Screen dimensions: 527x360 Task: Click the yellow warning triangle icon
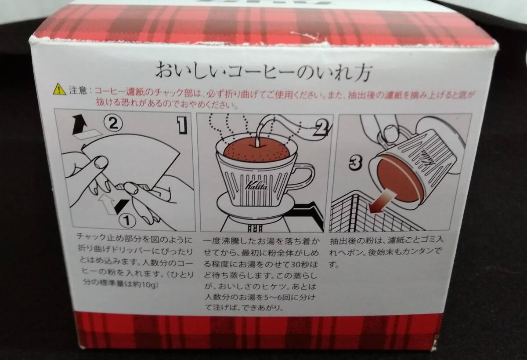click(60, 90)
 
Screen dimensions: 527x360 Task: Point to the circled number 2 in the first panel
click(113, 124)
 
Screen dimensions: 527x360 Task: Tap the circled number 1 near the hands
click(127, 220)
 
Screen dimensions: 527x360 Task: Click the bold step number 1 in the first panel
click(182, 125)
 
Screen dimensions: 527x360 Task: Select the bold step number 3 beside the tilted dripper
click(355, 163)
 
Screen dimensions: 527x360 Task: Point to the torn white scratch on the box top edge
click(305, 35)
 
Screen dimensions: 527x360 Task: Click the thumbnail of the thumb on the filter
click(101, 163)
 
